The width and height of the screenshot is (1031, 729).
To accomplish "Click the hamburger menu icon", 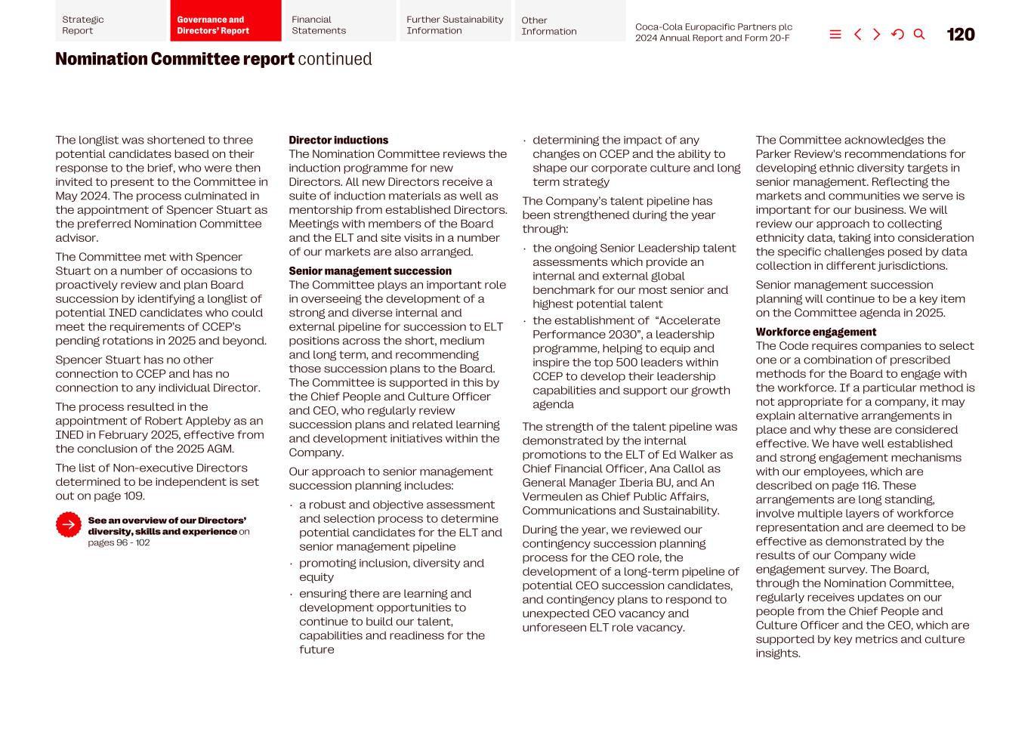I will [x=835, y=35].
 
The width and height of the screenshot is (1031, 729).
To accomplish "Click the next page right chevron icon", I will [x=877, y=35].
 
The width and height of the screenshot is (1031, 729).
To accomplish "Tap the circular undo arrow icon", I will [x=897, y=35].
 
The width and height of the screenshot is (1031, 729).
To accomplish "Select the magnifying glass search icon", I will [x=919, y=35].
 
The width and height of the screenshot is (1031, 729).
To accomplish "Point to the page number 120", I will [x=960, y=35].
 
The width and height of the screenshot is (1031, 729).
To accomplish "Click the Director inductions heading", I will [x=338, y=141].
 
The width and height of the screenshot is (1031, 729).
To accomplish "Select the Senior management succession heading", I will [x=370, y=271].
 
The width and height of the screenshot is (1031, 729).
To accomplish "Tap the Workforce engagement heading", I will [x=816, y=332].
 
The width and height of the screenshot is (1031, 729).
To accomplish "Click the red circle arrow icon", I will [x=69, y=525].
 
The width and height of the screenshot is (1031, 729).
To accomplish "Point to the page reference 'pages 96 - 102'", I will [x=119, y=543].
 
